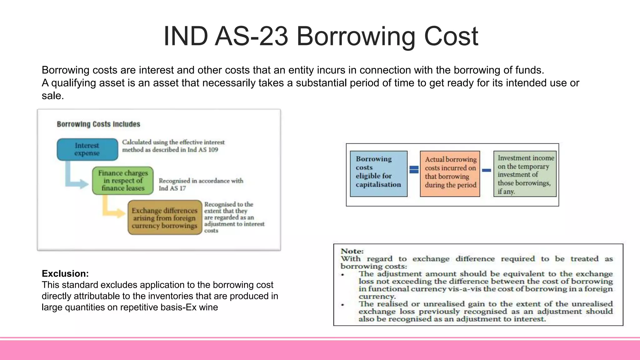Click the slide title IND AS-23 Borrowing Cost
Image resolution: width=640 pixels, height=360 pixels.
[321, 36]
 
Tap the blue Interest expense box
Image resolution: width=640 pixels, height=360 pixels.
[87, 149]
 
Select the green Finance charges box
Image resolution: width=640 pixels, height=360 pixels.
[123, 181]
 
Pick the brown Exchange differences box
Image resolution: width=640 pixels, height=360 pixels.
[165, 218]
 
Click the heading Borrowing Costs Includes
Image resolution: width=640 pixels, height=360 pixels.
[98, 124]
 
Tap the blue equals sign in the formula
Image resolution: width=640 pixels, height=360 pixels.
[414, 170]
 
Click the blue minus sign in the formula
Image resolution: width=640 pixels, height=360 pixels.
[487, 170]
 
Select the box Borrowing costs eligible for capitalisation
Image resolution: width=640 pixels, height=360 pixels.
[378, 174]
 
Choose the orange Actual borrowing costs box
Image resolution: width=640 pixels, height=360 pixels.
[450, 174]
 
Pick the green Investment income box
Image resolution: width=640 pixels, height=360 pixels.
[525, 174]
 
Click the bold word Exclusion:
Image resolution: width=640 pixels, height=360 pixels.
[65, 274]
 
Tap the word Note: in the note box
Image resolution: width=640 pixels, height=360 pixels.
[352, 251]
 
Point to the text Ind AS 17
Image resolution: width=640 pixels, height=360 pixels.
[172, 188]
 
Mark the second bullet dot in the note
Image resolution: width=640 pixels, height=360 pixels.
[343, 305]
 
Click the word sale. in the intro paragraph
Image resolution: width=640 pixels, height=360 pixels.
[53, 96]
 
